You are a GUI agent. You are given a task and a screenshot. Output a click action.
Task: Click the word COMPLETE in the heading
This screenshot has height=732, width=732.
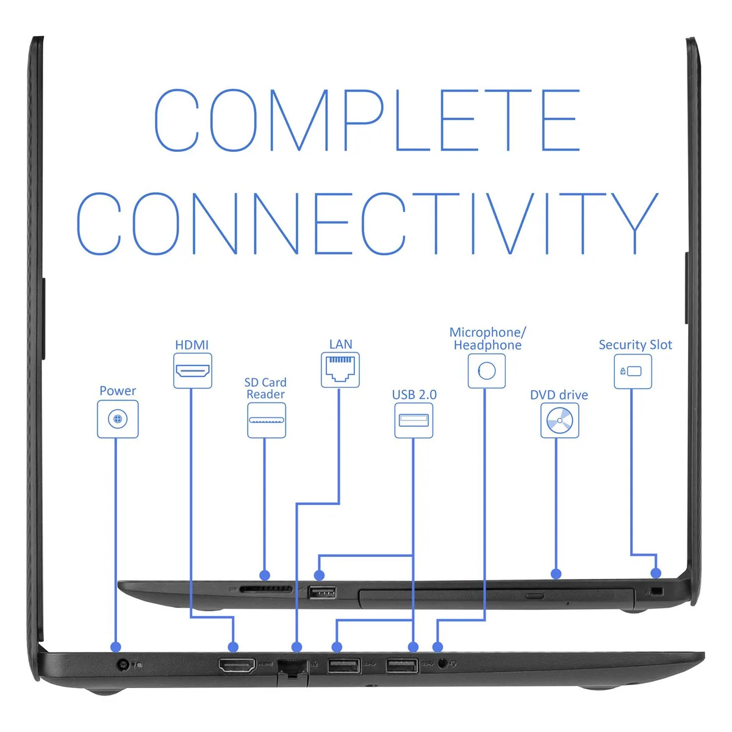pos(367,120)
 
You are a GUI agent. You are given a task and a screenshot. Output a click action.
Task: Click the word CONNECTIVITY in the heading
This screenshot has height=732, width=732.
pos(367,223)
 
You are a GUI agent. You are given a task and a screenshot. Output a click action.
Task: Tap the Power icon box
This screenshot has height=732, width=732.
pos(118,419)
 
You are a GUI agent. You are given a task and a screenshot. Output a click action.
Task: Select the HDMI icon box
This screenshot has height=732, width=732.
pos(193,371)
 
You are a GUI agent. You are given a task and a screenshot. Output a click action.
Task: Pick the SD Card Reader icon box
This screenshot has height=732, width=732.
pos(267,420)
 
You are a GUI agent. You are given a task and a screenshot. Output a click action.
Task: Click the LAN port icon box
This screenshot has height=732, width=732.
pos(340,370)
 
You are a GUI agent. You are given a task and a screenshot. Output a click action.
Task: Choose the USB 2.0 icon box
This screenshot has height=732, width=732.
pos(414,420)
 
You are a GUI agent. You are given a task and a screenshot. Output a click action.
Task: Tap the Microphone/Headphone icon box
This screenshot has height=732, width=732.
pos(487,371)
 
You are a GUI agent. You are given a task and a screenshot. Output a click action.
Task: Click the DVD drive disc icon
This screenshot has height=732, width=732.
pos(559,420)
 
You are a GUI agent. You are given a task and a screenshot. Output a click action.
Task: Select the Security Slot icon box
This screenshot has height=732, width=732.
pos(633,371)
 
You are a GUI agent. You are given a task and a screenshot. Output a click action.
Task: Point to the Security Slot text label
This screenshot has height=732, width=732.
pos(635,345)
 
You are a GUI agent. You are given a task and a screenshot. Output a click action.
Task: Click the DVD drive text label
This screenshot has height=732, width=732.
pos(559,395)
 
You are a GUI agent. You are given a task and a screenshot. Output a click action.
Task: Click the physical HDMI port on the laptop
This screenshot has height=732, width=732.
pos(237,665)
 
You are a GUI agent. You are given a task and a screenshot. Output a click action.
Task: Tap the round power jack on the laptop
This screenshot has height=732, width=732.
pos(122,665)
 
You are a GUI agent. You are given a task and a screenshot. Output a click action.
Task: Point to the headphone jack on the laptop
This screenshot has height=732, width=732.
pos(442,664)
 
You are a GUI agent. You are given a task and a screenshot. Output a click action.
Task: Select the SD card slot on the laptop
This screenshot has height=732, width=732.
pos(265,589)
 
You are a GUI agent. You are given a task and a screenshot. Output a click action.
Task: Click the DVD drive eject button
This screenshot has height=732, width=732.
pos(534,595)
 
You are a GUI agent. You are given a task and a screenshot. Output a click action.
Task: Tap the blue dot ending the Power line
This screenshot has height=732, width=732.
pos(115,647)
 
